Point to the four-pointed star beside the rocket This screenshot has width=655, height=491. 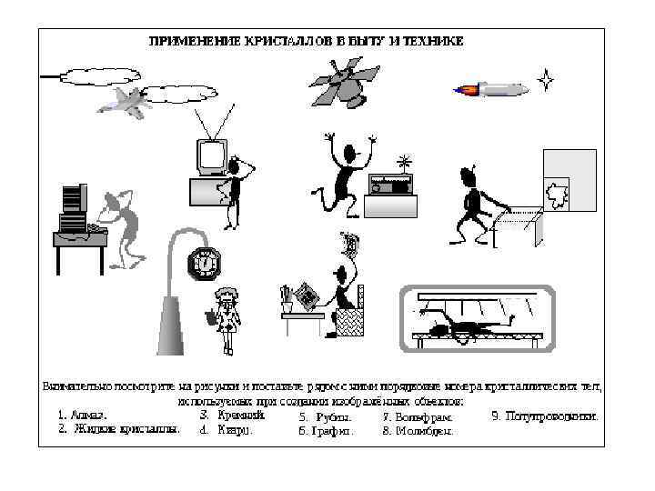coord(546,80)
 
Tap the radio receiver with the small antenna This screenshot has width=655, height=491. coord(391,184)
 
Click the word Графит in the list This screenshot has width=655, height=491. coord(326,432)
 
